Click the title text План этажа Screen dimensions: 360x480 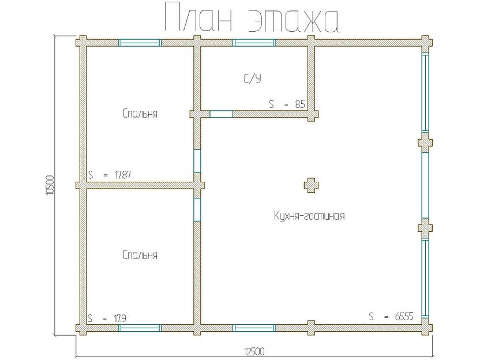[x=251, y=19]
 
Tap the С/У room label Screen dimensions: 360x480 [x=252, y=78]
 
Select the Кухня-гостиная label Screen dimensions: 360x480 [x=309, y=216]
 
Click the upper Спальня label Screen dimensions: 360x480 [x=140, y=114]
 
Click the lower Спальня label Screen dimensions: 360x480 [x=140, y=255]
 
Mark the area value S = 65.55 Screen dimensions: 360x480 [x=391, y=316]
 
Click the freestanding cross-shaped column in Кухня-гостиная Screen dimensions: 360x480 [x=311, y=185]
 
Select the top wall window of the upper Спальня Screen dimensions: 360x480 [x=140, y=42]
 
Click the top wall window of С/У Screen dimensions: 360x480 [x=254, y=42]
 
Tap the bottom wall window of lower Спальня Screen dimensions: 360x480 [x=140, y=328]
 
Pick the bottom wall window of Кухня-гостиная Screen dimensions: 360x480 [x=254, y=328]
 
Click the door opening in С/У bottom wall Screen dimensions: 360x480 [x=221, y=114]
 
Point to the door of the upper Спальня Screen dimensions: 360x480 [x=197, y=162]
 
